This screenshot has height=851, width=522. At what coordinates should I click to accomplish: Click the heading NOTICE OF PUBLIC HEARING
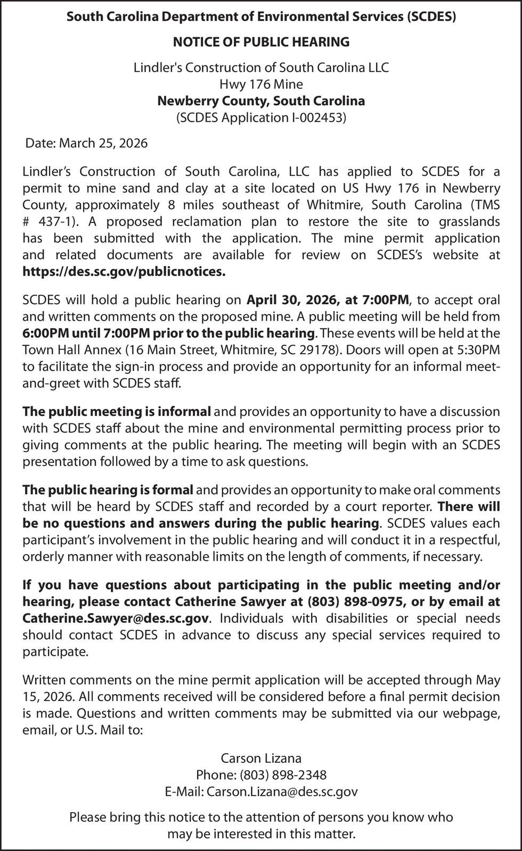pyautogui.click(x=261, y=41)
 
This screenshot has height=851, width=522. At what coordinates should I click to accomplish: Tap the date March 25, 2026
pyautogui.click(x=103, y=143)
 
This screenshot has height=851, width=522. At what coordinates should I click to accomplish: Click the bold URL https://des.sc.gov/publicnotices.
pyautogui.click(x=124, y=272)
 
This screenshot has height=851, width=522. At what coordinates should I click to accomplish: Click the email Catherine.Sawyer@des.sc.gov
pyautogui.click(x=117, y=619)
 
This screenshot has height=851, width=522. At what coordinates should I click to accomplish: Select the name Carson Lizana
pyautogui.click(x=261, y=758)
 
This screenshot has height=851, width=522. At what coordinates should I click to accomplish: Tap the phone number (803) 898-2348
pyautogui.click(x=283, y=775)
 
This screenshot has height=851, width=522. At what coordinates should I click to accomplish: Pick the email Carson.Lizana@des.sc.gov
pyautogui.click(x=282, y=792)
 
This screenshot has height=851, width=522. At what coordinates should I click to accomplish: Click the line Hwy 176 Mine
pyautogui.click(x=261, y=84)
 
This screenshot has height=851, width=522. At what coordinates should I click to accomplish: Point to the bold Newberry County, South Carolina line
pyautogui.click(x=261, y=101)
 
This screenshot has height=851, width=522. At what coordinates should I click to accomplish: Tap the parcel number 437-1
pyautogui.click(x=56, y=221)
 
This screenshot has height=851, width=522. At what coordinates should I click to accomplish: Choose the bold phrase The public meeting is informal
pyautogui.click(x=117, y=411)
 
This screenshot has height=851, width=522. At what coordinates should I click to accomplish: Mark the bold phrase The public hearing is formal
pyautogui.click(x=108, y=489)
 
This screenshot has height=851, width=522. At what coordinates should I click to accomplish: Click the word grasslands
pyautogui.click(x=469, y=221)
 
